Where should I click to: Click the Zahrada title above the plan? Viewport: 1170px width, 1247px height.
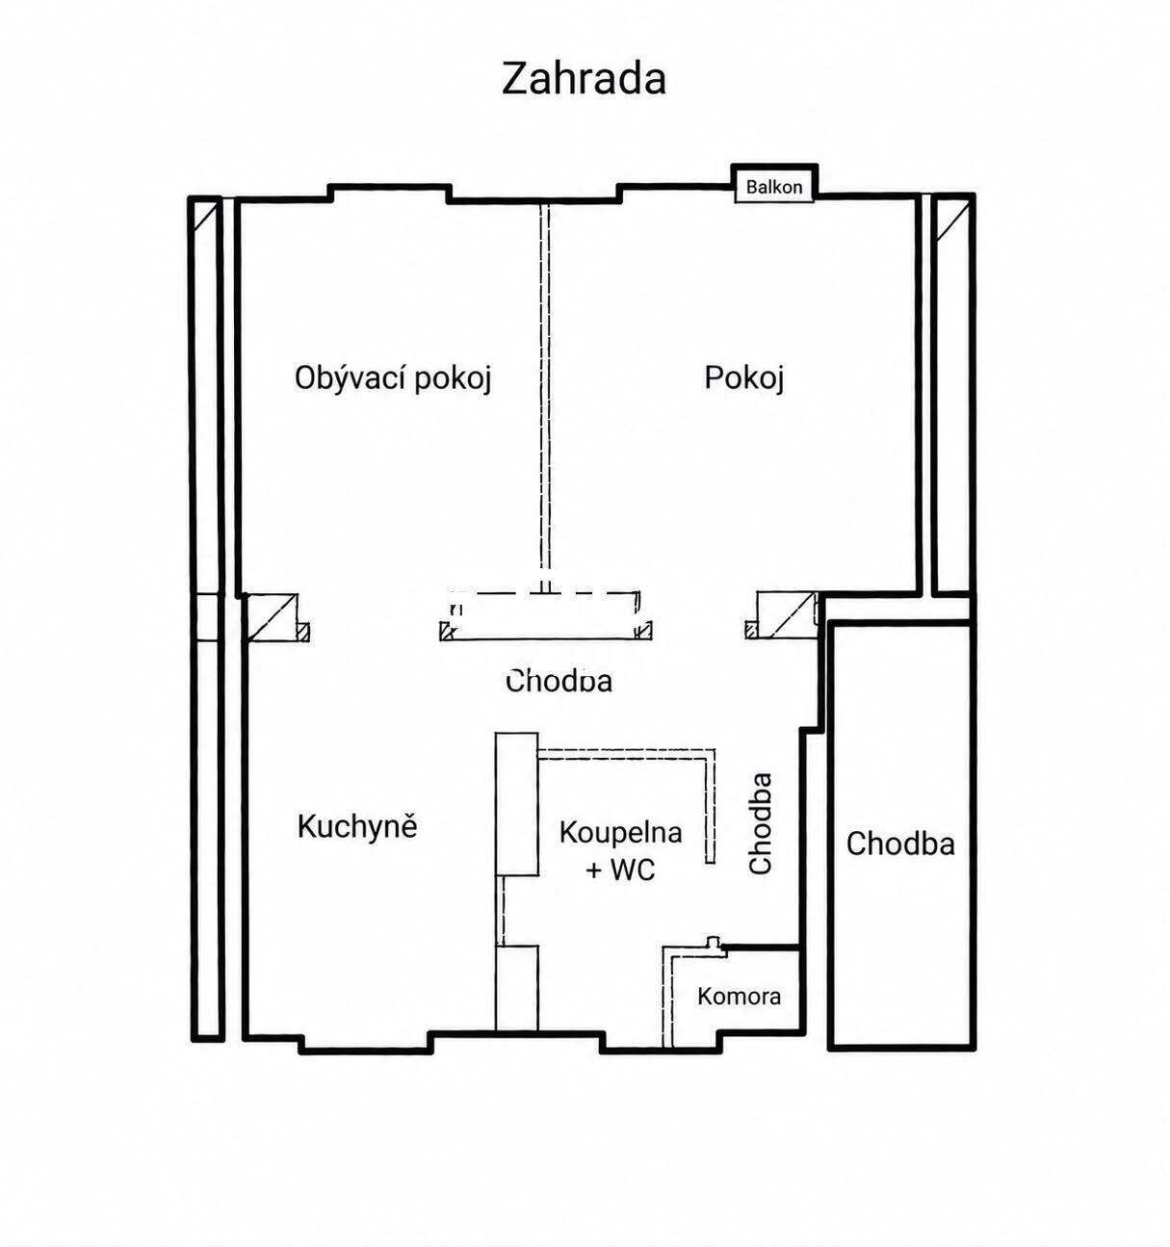(x=584, y=79)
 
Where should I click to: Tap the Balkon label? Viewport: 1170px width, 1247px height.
(x=773, y=187)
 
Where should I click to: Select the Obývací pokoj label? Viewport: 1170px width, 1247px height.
(x=393, y=379)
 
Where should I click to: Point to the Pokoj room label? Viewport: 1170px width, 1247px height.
(x=744, y=378)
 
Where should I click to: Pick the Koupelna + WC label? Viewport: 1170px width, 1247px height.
(x=620, y=850)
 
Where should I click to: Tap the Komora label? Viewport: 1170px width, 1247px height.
(x=740, y=997)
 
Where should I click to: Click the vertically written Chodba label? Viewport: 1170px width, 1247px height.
(x=761, y=822)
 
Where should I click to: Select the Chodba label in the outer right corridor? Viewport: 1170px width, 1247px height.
(x=900, y=844)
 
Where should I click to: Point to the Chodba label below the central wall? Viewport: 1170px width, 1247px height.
(x=559, y=681)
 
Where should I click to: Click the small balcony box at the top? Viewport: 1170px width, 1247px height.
(x=774, y=183)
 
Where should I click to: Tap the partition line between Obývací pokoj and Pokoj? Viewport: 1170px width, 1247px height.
(x=545, y=398)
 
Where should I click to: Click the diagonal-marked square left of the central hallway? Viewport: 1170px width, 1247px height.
(x=272, y=618)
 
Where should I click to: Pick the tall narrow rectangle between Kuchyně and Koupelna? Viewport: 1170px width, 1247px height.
(x=517, y=804)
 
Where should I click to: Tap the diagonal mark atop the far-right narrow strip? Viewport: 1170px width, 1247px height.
(x=953, y=221)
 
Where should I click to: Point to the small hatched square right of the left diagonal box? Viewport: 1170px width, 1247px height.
(x=304, y=632)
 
